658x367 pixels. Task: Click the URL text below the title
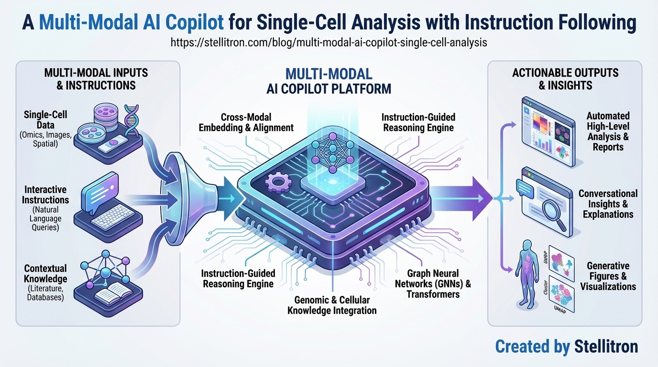(329, 42)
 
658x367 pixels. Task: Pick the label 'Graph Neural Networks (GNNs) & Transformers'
(433, 283)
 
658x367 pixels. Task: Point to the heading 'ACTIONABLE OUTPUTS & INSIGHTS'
(565, 79)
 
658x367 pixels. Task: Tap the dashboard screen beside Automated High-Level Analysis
(548, 131)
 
